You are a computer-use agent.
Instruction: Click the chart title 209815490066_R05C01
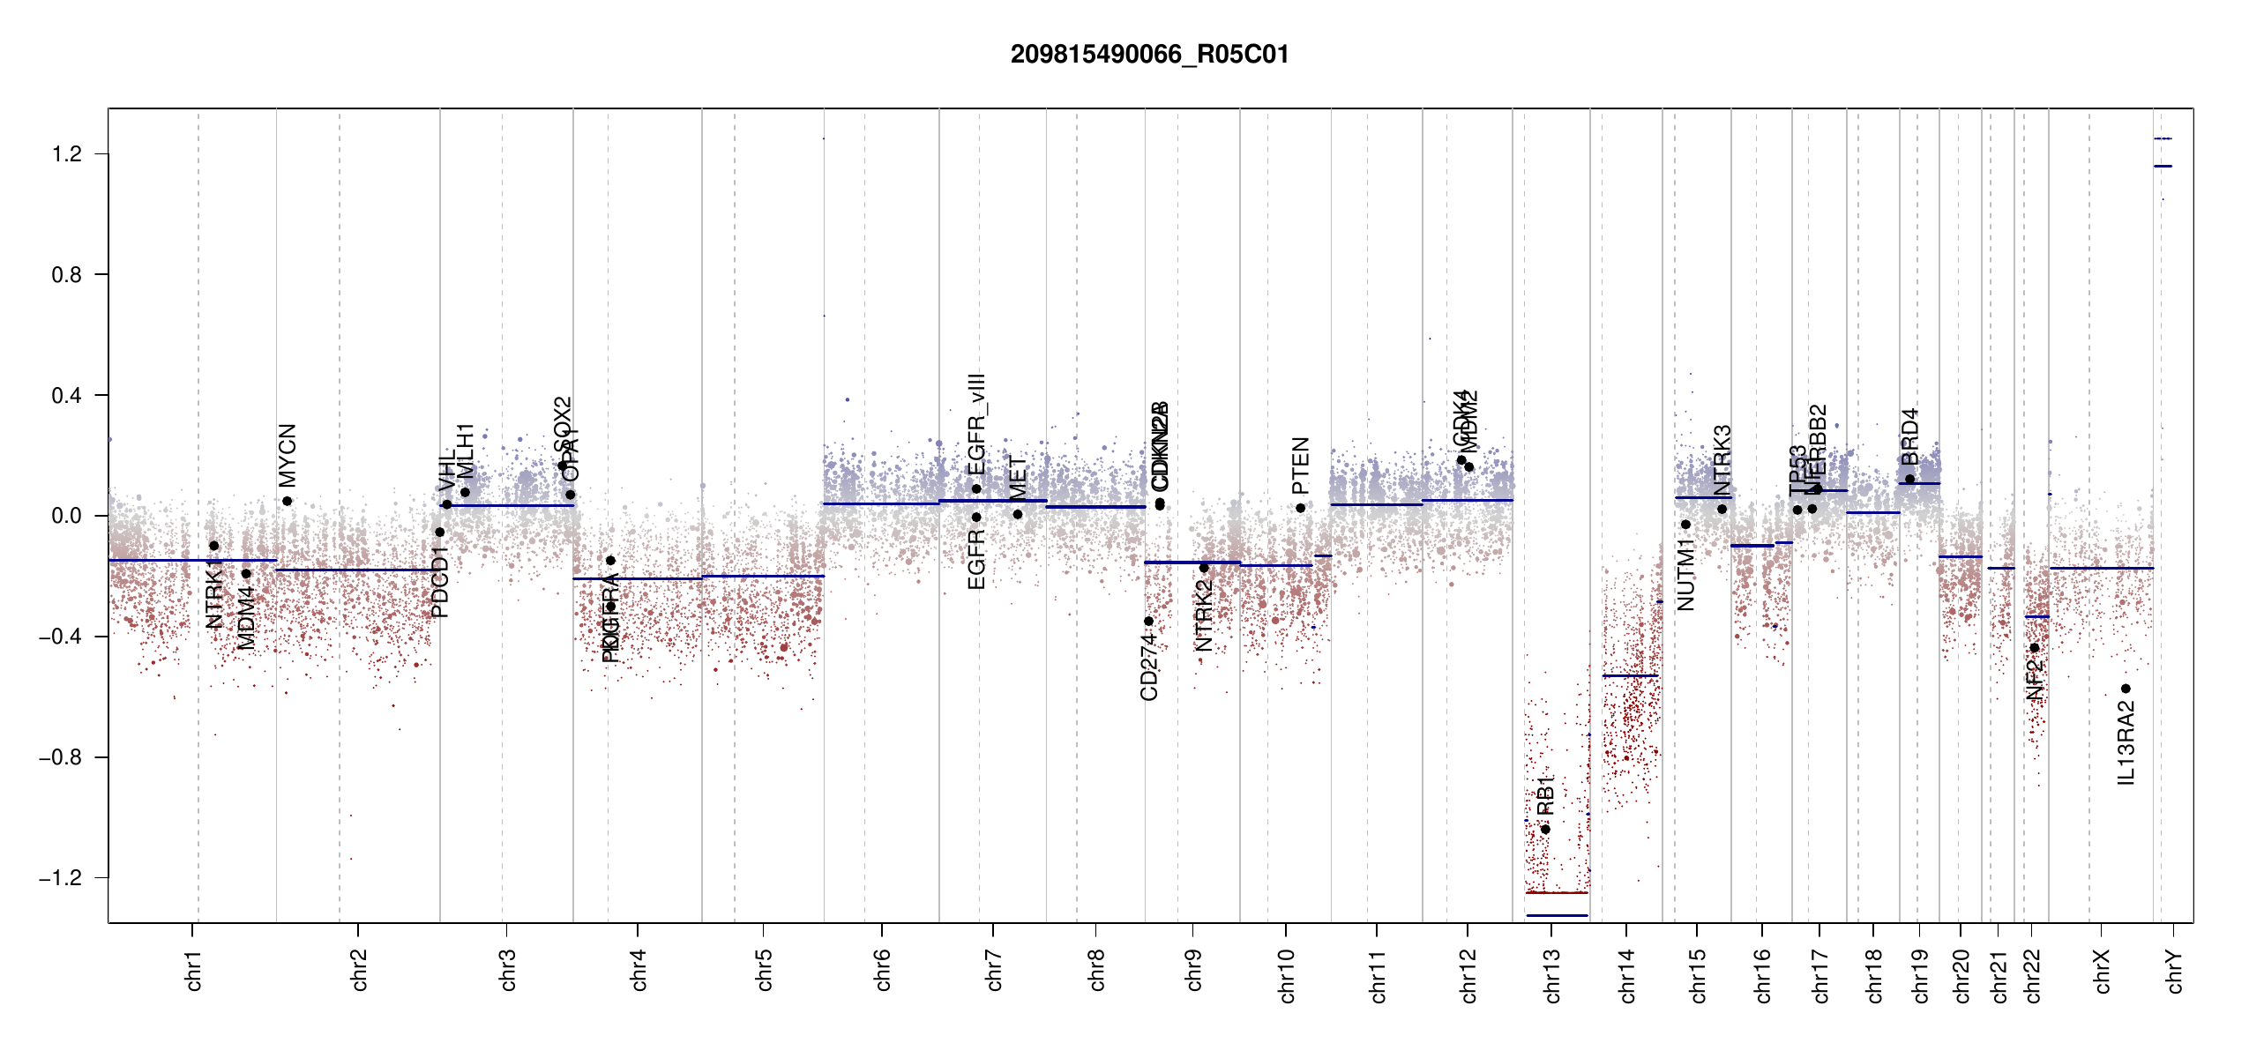(x=1149, y=55)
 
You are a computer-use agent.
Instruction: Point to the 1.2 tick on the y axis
(x=66, y=154)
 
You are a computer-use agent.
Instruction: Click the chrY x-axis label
(x=2175, y=972)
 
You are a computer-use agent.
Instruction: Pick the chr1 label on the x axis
(x=194, y=970)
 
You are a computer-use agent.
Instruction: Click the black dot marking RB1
(x=1545, y=830)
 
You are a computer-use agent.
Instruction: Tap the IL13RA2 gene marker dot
(x=2126, y=689)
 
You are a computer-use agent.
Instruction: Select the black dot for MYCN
(x=287, y=501)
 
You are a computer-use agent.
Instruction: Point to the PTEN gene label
(x=1300, y=466)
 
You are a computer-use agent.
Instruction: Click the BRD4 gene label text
(x=1909, y=436)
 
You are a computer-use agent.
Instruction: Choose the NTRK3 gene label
(x=1722, y=460)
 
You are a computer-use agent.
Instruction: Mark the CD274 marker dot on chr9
(x=1148, y=622)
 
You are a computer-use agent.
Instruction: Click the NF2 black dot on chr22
(x=2035, y=648)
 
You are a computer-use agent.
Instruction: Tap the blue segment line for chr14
(x=1630, y=675)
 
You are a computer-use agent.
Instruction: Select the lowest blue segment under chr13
(x=1557, y=915)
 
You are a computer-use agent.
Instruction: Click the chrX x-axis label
(x=2102, y=972)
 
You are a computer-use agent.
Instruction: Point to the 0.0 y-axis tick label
(x=66, y=516)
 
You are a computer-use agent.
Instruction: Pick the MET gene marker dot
(x=1018, y=514)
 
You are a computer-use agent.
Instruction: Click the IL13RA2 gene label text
(x=2126, y=742)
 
